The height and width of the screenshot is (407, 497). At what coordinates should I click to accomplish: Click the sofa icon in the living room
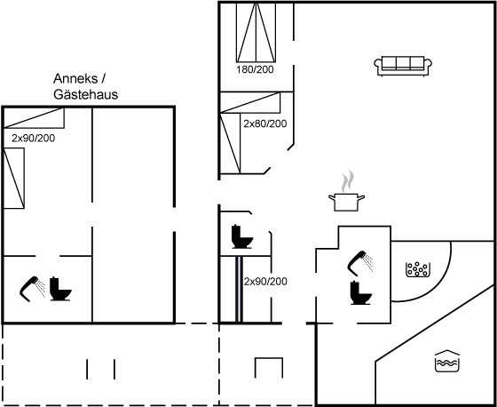click(x=403, y=66)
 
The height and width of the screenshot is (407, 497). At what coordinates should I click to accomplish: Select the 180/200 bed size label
click(x=255, y=69)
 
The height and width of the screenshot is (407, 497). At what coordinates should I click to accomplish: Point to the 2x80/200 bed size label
click(x=265, y=124)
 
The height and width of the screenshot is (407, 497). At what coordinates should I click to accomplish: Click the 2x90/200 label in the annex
click(x=34, y=138)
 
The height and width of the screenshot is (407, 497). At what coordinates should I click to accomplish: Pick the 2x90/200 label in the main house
click(x=265, y=282)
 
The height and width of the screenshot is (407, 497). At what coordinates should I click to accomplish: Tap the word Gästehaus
click(x=85, y=94)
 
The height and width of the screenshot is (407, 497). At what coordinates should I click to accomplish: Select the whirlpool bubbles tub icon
click(x=418, y=269)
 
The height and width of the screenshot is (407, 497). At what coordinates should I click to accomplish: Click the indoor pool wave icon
click(x=447, y=361)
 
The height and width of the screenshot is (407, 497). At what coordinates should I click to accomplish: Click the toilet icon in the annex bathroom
click(x=60, y=289)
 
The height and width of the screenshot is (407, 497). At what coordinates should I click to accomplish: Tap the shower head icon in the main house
click(x=360, y=263)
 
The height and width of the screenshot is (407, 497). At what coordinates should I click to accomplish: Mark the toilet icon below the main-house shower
click(x=360, y=293)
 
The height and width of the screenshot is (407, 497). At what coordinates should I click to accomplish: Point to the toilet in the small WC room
click(x=241, y=236)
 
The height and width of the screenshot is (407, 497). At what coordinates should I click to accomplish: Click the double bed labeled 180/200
click(x=256, y=32)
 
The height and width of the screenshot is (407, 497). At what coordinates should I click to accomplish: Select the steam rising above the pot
click(x=348, y=181)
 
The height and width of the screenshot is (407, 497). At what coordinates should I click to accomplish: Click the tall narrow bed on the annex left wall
click(x=14, y=178)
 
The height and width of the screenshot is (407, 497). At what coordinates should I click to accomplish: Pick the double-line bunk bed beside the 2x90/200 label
click(x=240, y=289)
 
